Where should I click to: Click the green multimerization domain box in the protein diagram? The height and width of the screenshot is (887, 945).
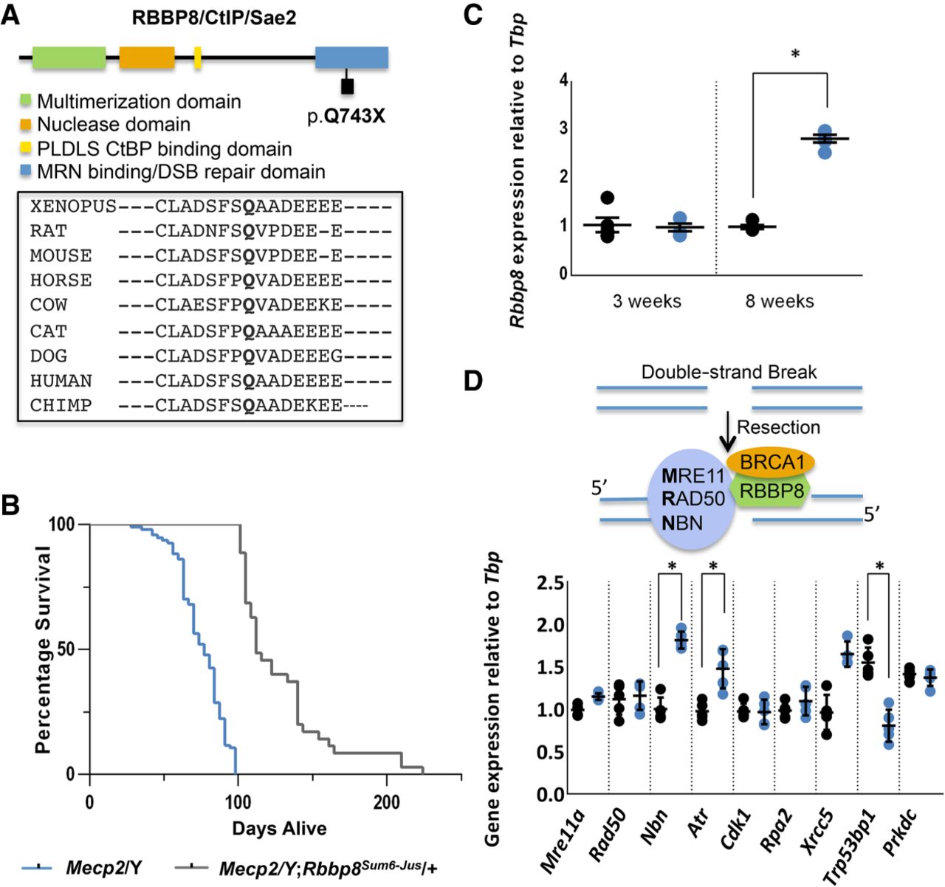click(69, 58)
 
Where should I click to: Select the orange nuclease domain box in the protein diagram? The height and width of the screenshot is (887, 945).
click(147, 58)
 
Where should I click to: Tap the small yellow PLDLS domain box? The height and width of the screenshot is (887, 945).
click(197, 58)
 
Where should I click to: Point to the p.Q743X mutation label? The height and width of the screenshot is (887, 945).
click(346, 116)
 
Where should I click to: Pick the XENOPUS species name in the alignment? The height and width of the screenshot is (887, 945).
click(73, 207)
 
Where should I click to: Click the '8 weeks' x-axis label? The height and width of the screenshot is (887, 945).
click(780, 301)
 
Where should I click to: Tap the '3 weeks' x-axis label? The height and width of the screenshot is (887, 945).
click(647, 301)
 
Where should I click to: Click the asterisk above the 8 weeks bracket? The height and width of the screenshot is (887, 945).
click(795, 54)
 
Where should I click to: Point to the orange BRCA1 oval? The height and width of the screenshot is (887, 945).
click(771, 462)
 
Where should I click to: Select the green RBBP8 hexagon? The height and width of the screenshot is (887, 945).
click(771, 491)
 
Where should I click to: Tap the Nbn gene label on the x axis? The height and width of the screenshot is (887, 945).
click(654, 827)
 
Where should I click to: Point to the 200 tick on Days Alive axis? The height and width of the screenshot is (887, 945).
click(386, 802)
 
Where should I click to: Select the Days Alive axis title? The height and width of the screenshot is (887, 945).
click(279, 829)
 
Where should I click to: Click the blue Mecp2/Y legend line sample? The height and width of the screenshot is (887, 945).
click(36, 868)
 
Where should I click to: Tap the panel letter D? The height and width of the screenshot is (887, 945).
click(473, 382)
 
